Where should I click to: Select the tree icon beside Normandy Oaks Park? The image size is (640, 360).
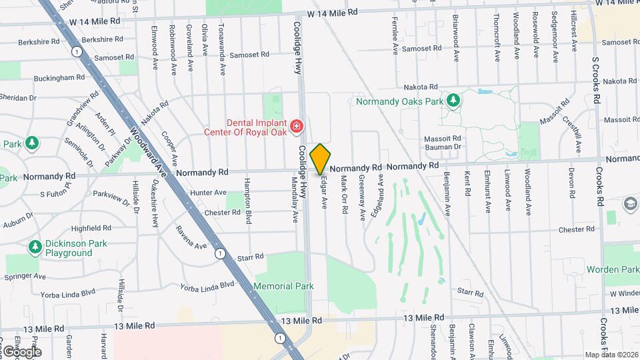(x=453, y=101)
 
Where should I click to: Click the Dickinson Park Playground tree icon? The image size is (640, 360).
(x=35, y=247)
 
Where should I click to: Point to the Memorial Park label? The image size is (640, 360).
(x=283, y=286)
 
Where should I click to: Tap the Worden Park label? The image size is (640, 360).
(x=612, y=269)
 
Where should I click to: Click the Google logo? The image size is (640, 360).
(x=21, y=351)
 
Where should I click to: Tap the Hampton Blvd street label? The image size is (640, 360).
(x=247, y=201)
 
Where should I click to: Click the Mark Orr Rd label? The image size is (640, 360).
(x=344, y=195)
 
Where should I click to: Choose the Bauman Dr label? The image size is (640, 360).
(x=443, y=147)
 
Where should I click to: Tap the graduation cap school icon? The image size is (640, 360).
(x=630, y=203)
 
